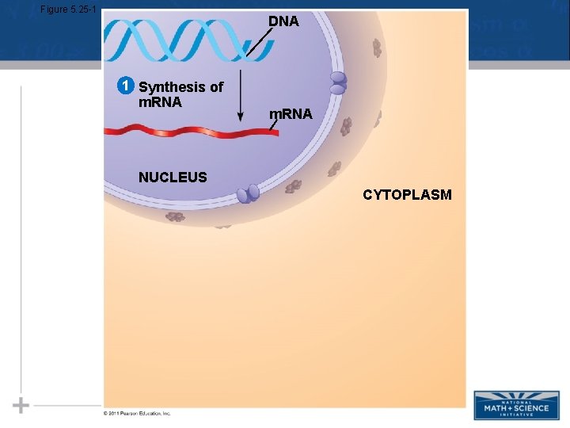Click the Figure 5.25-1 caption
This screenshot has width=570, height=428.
tap(68, 9)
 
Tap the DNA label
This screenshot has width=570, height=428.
tap(283, 22)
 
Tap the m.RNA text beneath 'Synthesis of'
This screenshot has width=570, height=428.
tap(160, 102)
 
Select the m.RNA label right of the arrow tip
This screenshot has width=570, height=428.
tap(291, 115)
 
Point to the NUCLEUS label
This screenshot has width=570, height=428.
tap(173, 178)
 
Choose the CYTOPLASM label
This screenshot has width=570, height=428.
tap(407, 195)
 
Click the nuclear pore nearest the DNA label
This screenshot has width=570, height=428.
tap(338, 83)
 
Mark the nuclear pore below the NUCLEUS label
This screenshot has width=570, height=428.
tap(249, 193)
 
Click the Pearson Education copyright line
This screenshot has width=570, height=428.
tap(137, 413)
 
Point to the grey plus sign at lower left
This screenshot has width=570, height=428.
tap(21, 405)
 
